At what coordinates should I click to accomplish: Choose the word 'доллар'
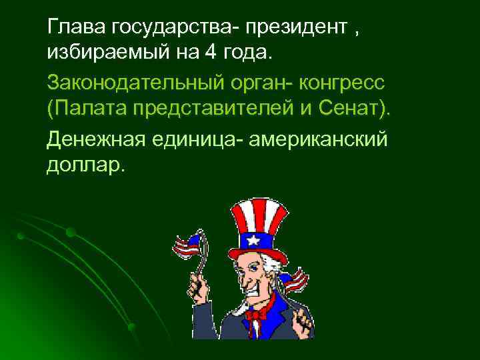[x=83, y=164]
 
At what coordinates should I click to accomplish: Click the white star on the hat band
[x=255, y=239]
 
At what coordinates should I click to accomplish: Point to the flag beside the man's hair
[x=294, y=279]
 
